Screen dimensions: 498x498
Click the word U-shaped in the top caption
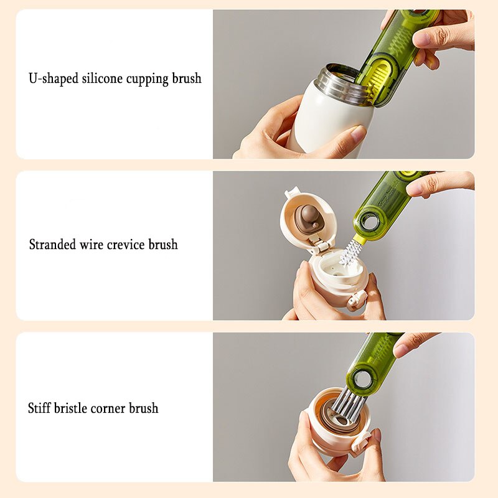(54, 78)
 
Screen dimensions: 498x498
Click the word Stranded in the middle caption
(52, 244)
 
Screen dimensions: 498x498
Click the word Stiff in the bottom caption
(39, 408)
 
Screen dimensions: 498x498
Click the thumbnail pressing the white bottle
(359, 133)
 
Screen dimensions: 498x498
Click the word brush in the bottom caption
(144, 408)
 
